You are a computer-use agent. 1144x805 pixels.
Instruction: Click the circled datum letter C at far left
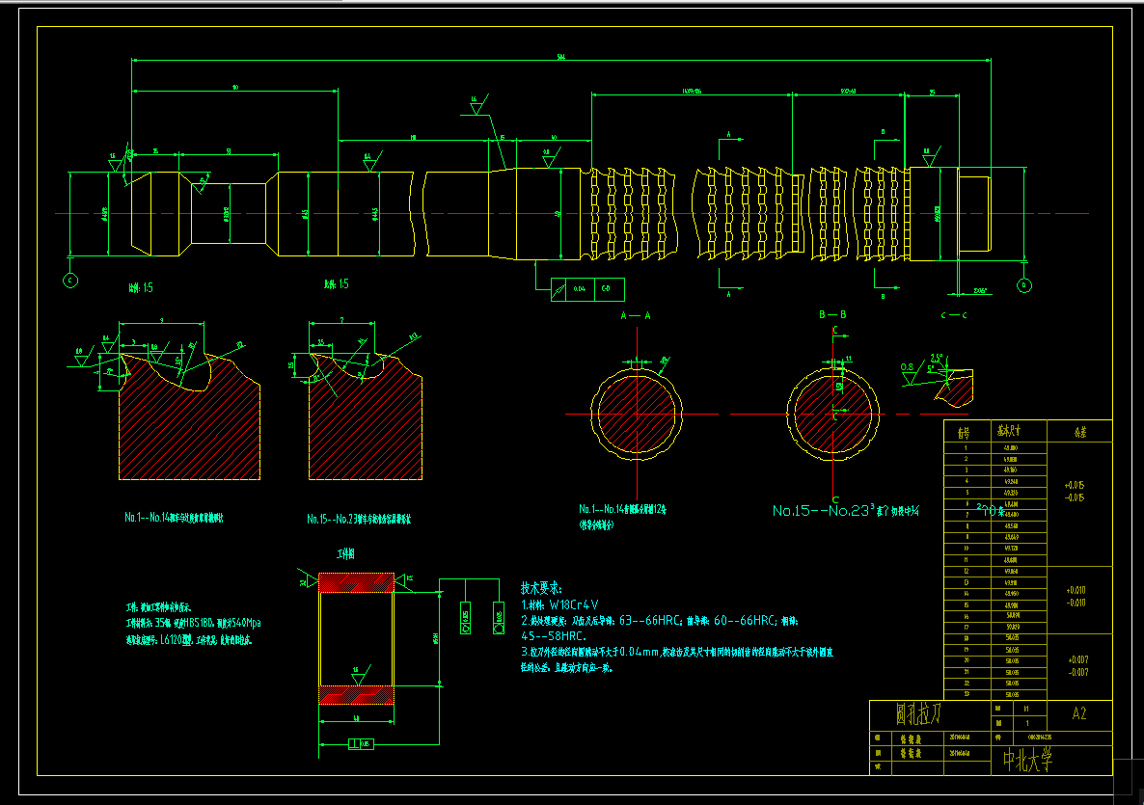[69, 281]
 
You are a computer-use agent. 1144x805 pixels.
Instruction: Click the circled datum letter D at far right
[1023, 285]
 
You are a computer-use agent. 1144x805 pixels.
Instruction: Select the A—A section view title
[636, 315]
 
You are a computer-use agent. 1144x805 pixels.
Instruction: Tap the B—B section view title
[832, 315]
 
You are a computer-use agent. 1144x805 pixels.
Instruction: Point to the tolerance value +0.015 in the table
[1075, 485]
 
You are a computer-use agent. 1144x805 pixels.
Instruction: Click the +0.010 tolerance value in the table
[1075, 589]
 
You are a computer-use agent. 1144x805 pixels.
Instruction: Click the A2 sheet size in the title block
[1078, 714]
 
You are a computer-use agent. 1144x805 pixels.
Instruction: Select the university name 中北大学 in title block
[1026, 762]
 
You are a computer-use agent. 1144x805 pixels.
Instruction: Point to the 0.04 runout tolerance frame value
[579, 288]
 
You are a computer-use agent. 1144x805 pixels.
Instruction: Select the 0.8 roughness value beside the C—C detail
[907, 367]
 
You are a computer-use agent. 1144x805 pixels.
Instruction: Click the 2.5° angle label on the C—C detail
[936, 358]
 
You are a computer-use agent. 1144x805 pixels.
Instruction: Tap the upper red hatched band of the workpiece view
[355, 581]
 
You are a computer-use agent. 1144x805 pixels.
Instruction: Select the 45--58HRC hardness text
[554, 636]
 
